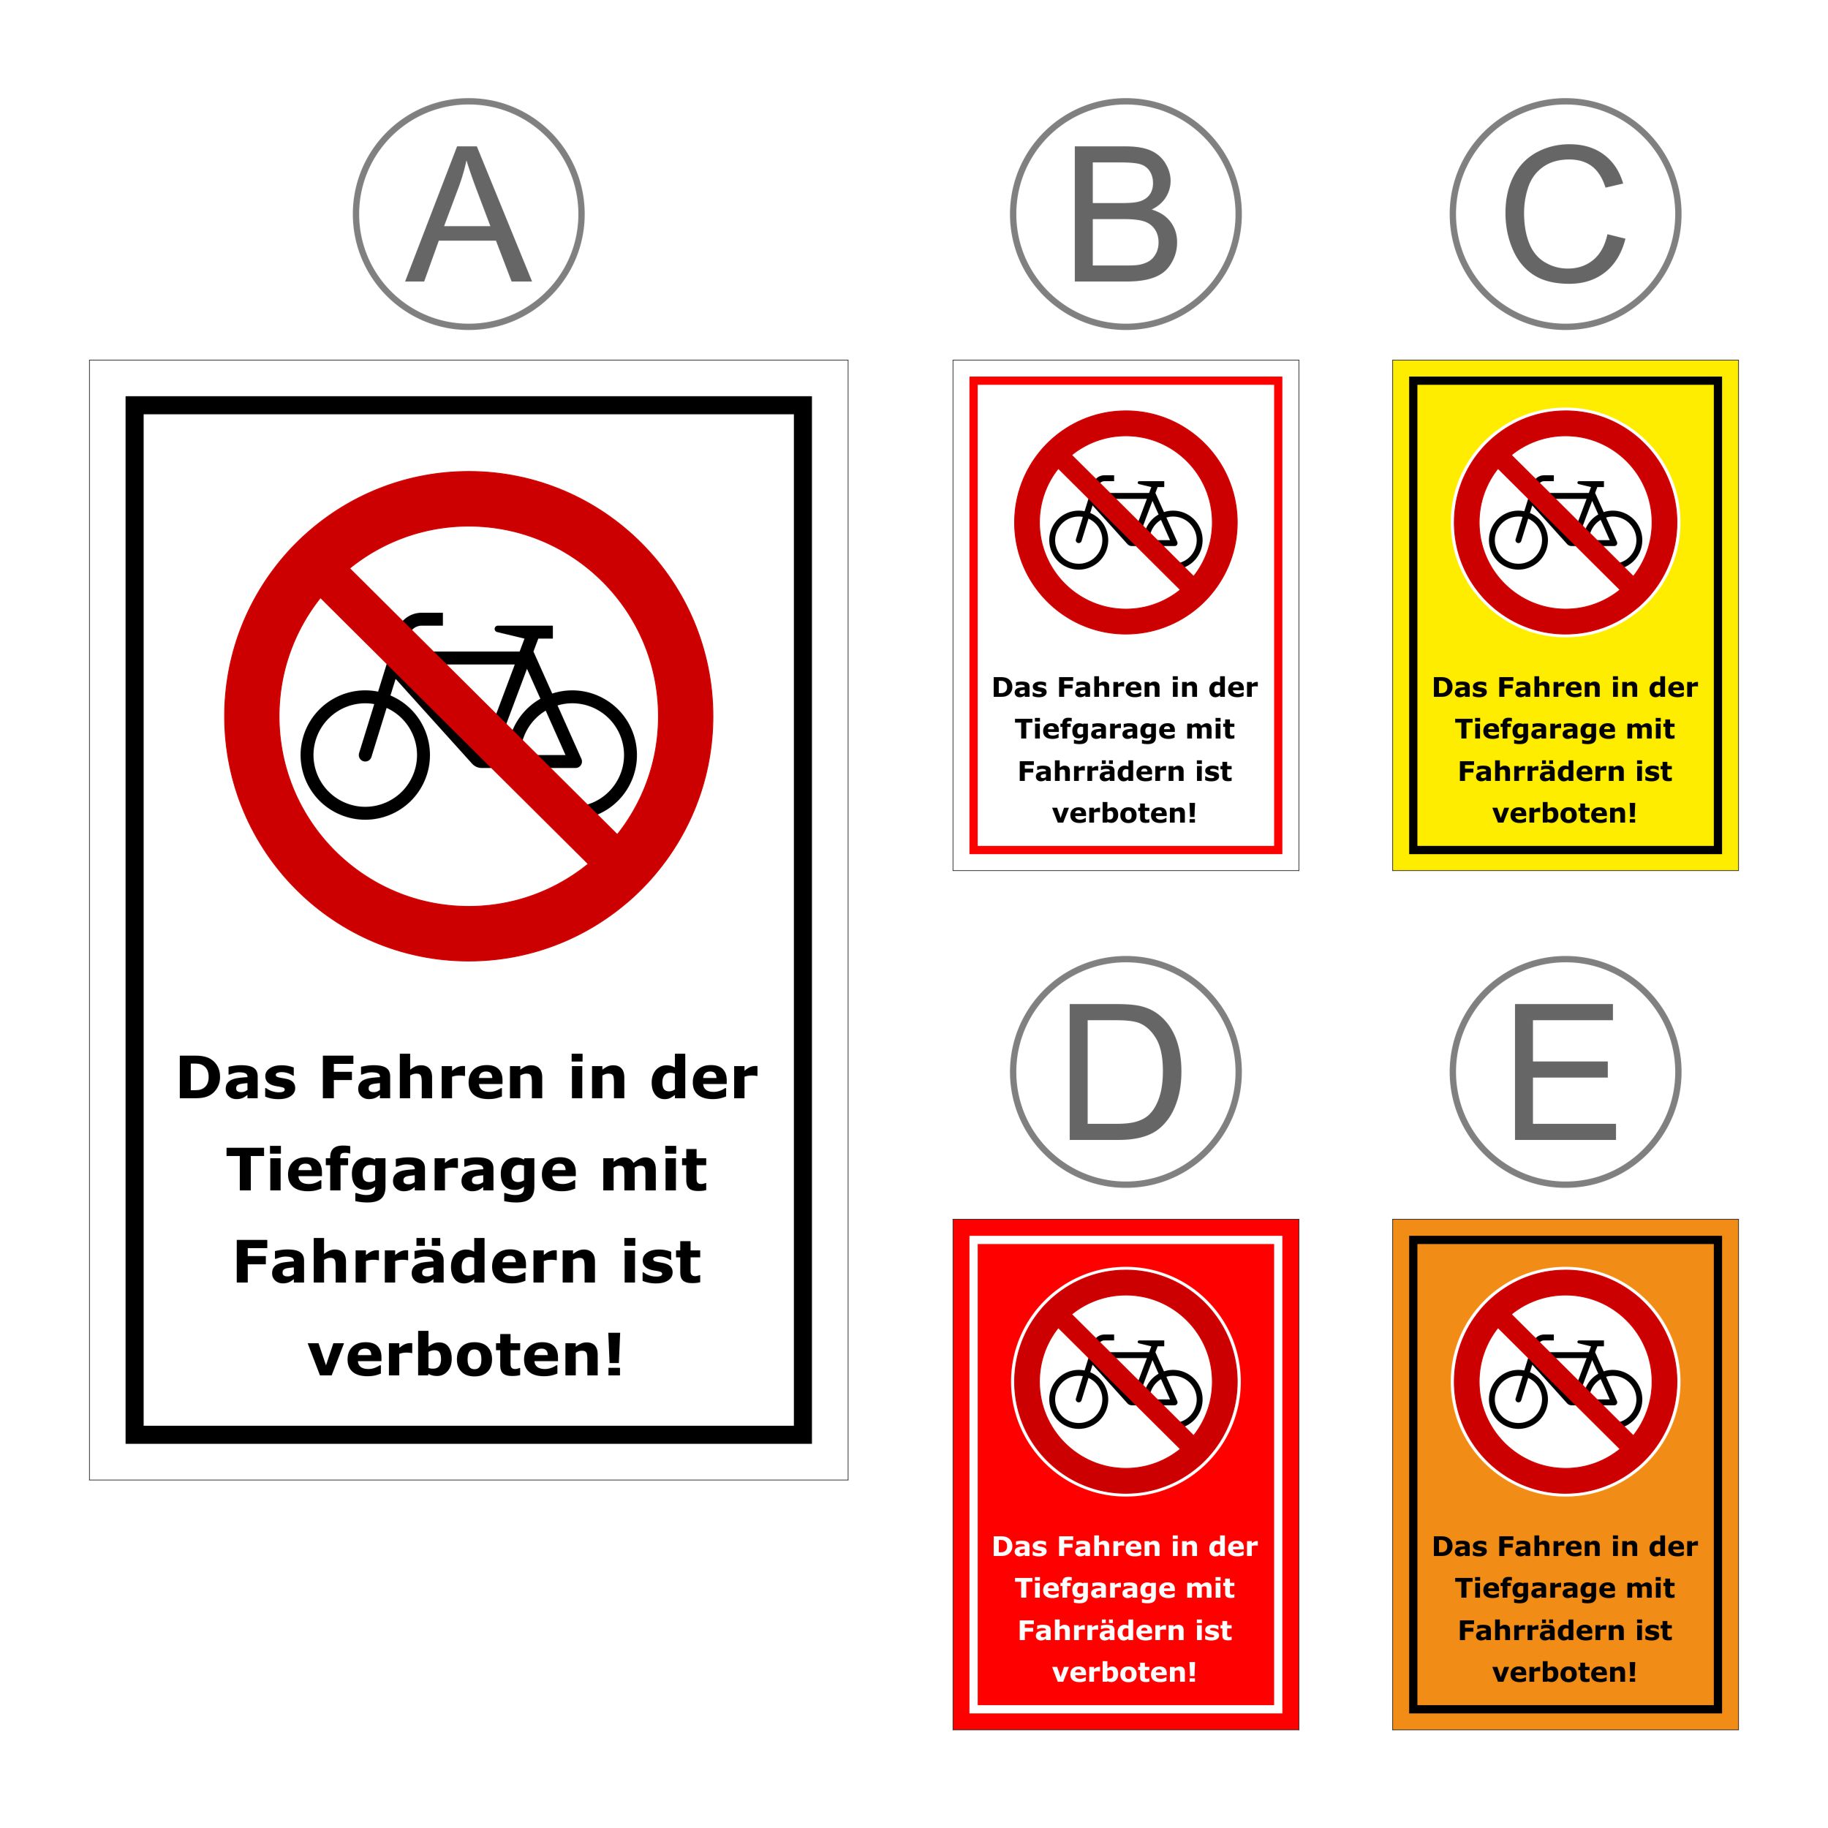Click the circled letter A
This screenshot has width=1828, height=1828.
tap(469, 214)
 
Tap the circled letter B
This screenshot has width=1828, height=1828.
tap(1125, 214)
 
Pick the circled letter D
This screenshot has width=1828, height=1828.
tap(1125, 1072)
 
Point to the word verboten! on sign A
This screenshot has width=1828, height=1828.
tap(466, 1354)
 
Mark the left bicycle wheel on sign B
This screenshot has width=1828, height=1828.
tap(1079, 540)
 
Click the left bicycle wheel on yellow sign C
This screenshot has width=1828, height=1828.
tap(1519, 540)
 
